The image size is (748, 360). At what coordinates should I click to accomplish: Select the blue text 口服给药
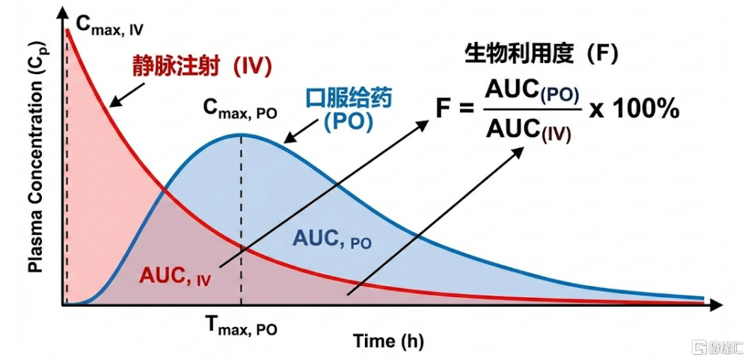point(349,99)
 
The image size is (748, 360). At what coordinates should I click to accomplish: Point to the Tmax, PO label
point(242,326)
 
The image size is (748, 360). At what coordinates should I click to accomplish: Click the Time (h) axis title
point(388,342)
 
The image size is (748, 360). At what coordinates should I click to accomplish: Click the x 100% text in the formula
point(634,111)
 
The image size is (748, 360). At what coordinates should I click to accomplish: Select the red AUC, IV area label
point(175,276)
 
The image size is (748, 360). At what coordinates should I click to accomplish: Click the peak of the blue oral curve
point(242,135)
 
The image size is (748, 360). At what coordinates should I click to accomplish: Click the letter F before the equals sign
point(442,112)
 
